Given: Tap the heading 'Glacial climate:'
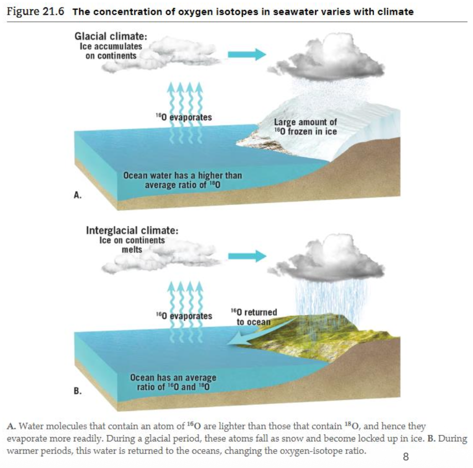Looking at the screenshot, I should (x=110, y=36).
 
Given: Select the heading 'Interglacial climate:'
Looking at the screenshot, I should (x=132, y=230).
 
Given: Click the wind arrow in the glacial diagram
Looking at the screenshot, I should (x=245, y=54).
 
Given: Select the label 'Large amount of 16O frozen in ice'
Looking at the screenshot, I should (x=305, y=126).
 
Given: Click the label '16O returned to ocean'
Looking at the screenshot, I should (x=253, y=317).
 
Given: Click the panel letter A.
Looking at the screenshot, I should (x=77, y=196).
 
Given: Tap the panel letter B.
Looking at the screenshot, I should (x=77, y=391).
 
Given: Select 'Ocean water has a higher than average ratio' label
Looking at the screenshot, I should (x=182, y=180).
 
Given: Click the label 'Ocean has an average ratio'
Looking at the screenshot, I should (x=173, y=382).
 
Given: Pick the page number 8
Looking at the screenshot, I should (x=405, y=456).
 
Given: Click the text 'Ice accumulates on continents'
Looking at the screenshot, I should (x=110, y=50).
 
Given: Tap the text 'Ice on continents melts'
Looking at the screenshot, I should (x=132, y=244).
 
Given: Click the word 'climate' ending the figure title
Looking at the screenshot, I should (x=396, y=12).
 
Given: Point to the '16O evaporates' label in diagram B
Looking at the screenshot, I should (x=183, y=316).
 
